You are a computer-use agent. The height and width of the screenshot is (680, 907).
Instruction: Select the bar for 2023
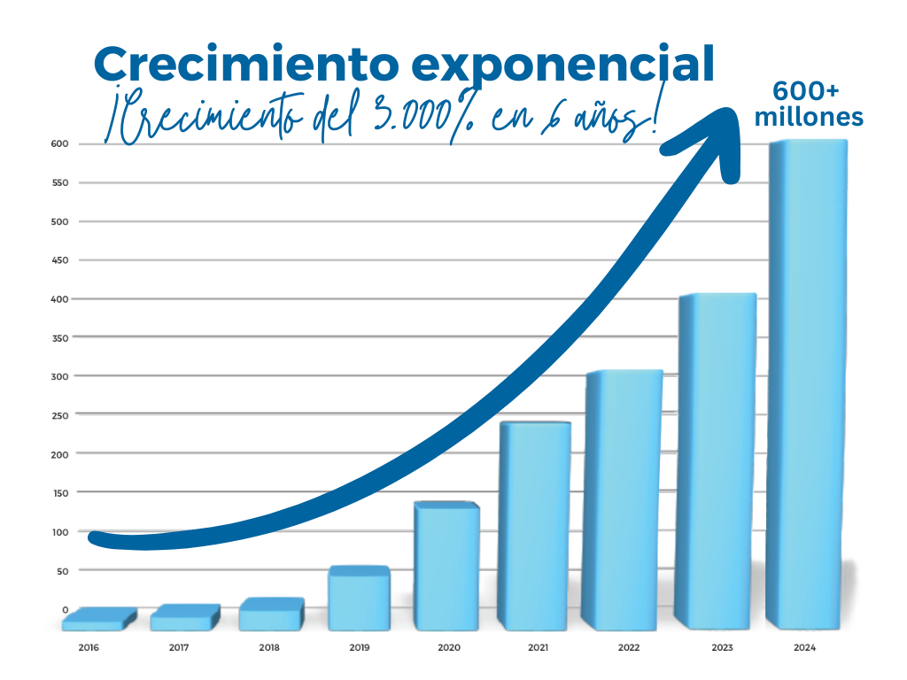pyautogui.click(x=717, y=460)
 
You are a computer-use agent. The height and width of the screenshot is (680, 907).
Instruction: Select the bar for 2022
pyautogui.click(x=625, y=499)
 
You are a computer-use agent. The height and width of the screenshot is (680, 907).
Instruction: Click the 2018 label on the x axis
pyautogui.click(x=269, y=647)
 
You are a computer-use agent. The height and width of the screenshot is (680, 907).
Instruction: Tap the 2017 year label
pyautogui.click(x=180, y=647)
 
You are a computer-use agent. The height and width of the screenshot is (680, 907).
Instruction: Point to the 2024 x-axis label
pyautogui.click(x=804, y=647)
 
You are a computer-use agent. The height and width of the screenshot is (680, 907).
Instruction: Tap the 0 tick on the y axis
pyautogui.click(x=65, y=609)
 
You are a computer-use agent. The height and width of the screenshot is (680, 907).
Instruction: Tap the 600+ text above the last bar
pyautogui.click(x=807, y=91)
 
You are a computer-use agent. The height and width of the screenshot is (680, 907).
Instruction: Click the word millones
pyautogui.click(x=809, y=117)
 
